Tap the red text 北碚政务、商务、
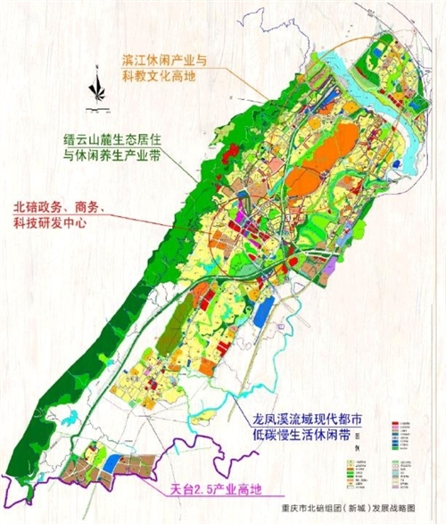[63, 206]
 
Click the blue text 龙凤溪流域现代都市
[307, 418]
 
